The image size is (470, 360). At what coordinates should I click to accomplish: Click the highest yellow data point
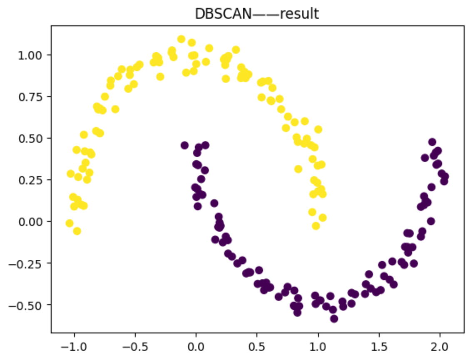[181, 39]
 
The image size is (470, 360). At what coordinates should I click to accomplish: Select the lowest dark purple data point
[334, 319]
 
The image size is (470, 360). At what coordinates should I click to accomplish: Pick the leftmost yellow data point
[70, 223]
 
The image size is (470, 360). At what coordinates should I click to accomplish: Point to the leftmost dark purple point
[184, 145]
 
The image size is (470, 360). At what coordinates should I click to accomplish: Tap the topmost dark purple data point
[432, 142]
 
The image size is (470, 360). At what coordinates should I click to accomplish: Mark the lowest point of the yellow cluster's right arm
[316, 226]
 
